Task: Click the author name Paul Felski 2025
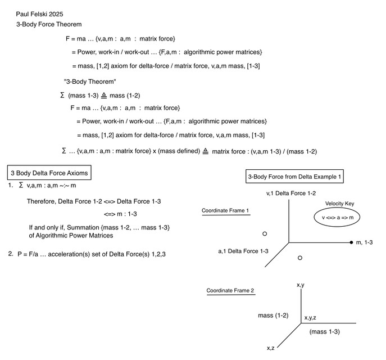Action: pyautogui.click(x=39, y=14)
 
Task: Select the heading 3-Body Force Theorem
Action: pyautogui.click(x=49, y=24)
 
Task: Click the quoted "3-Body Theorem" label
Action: pyautogui.click(x=90, y=82)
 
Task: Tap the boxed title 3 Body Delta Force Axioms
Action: pyautogui.click(x=49, y=173)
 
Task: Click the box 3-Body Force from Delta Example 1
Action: pyautogui.click(x=294, y=177)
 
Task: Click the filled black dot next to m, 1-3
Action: pyautogui.click(x=351, y=242)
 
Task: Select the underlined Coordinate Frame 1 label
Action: pyautogui.click(x=225, y=211)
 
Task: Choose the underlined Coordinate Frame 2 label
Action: pyautogui.click(x=230, y=291)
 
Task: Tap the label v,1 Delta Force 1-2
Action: pyautogui.click(x=291, y=193)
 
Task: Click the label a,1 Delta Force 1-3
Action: pyautogui.click(x=243, y=251)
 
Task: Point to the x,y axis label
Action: pyautogui.click(x=301, y=285)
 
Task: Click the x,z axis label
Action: pyautogui.click(x=271, y=348)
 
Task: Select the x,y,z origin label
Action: pyautogui.click(x=310, y=318)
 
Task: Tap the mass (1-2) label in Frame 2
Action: pyautogui.click(x=273, y=316)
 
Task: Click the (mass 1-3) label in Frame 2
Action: pyautogui.click(x=324, y=332)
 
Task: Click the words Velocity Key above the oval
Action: pyautogui.click(x=339, y=204)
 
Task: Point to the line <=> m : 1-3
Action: pyautogui.click(x=120, y=214)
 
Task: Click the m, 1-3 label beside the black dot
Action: pyautogui.click(x=364, y=242)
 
